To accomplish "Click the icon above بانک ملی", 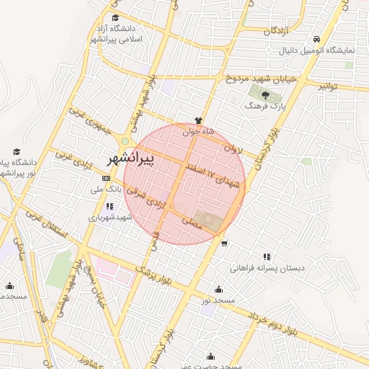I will point(107,178).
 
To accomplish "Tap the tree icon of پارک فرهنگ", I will point(266,94).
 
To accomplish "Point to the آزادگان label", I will point(278,31).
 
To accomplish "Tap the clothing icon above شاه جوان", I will point(199,120).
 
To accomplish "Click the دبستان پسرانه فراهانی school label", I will point(267,267).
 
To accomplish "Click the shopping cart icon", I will point(224,243).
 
